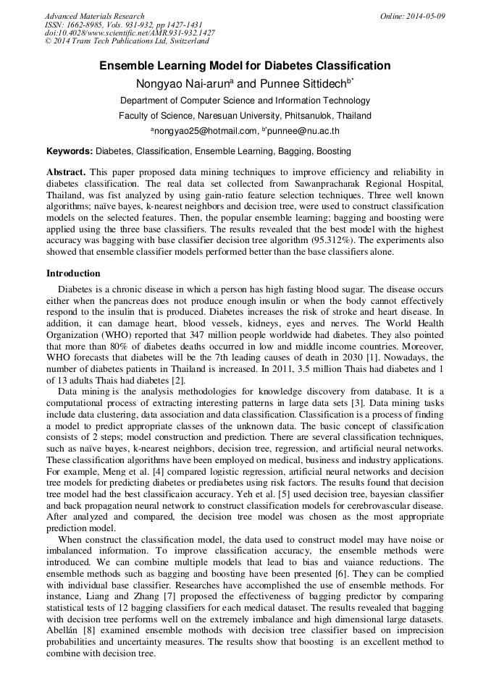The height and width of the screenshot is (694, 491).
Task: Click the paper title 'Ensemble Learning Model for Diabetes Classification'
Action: coord(245,66)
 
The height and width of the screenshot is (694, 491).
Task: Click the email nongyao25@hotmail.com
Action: coord(205,132)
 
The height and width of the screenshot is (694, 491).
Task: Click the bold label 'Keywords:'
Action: coord(70,151)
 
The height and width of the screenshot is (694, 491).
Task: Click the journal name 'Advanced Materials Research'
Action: coord(94,16)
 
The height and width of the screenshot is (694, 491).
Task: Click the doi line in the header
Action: coord(130,33)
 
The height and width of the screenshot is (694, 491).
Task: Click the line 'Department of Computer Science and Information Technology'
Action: coord(245,101)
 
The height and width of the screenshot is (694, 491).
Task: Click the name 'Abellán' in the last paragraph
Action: coord(64,630)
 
